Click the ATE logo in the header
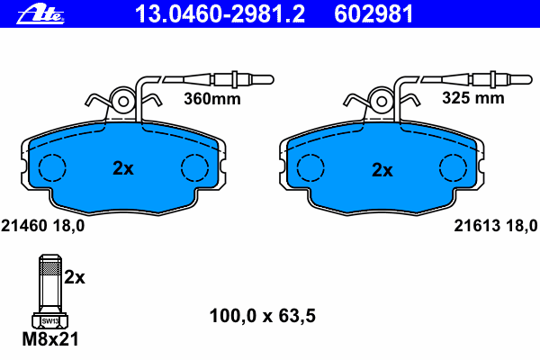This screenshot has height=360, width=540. [x=40, y=14]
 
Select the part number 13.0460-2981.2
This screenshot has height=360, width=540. [x=220, y=13]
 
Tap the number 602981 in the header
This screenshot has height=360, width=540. [x=373, y=13]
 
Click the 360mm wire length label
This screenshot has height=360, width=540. [x=212, y=99]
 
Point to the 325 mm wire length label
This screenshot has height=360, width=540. [x=472, y=98]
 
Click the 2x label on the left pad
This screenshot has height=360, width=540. [x=123, y=168]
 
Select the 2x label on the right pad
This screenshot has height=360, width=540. [x=382, y=170]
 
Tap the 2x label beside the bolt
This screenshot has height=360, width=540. [x=75, y=277]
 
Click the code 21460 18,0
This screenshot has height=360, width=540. [x=42, y=226]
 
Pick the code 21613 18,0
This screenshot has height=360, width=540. [x=496, y=226]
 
